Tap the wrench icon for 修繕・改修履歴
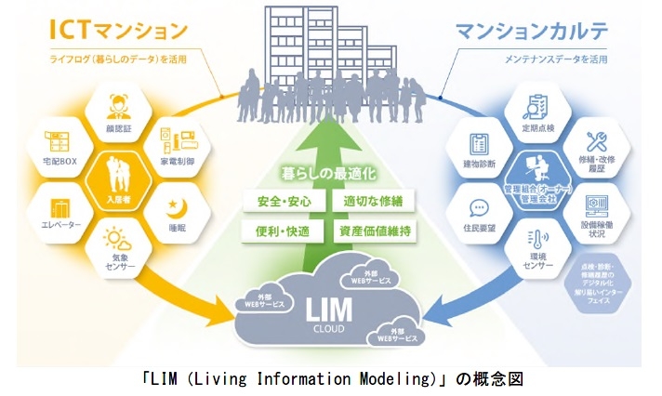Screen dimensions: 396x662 [596, 141]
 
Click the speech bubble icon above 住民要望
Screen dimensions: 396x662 [480, 208]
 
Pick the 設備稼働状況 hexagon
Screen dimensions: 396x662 [596, 216]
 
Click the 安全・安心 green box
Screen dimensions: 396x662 [275, 201]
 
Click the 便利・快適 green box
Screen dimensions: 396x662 [275, 230]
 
